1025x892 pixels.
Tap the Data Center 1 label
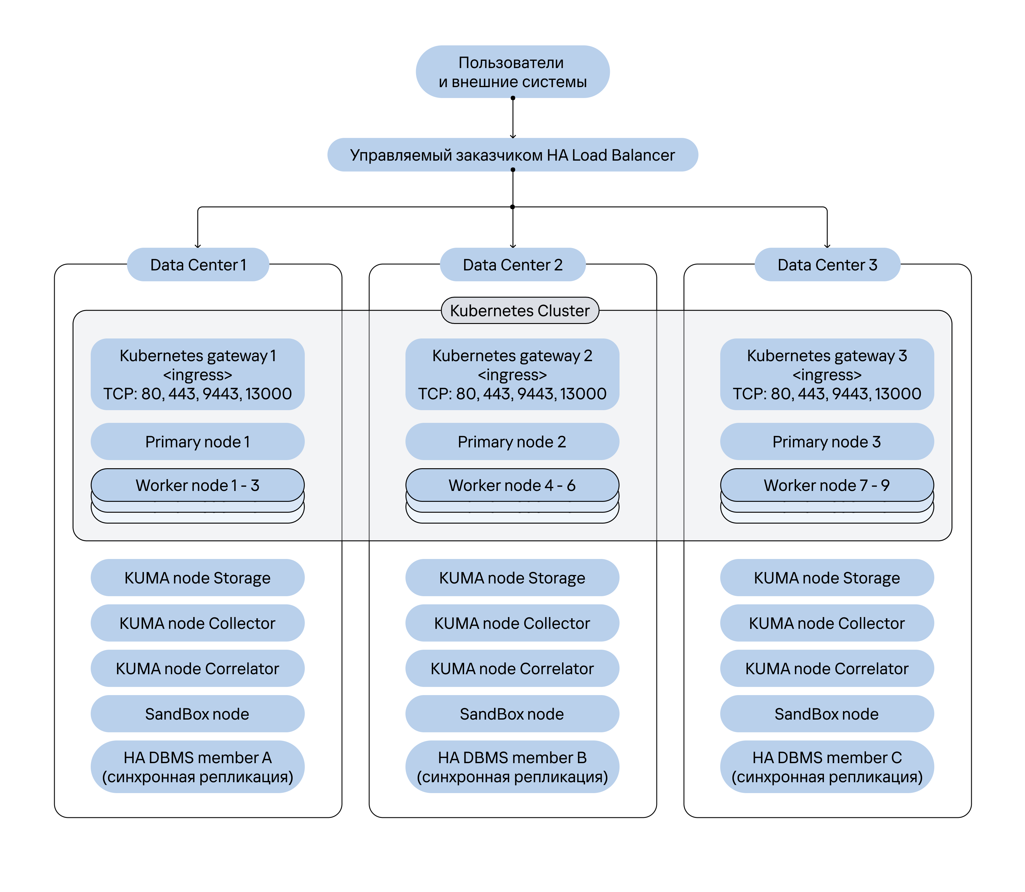click(198, 264)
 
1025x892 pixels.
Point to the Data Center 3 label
click(828, 264)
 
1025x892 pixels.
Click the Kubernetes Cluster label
click(520, 311)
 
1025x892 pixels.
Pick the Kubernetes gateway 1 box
click(197, 374)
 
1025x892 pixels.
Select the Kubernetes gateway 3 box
click(827, 374)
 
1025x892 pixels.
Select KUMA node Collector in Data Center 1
click(197, 623)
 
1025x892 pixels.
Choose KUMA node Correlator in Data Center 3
click(827, 668)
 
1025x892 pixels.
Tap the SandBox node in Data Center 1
click(197, 714)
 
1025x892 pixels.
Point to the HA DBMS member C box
click(827, 766)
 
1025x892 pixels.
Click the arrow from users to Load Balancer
click(513, 118)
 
